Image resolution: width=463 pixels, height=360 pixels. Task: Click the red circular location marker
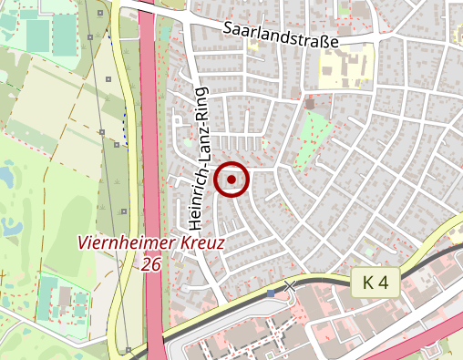pos(231,180)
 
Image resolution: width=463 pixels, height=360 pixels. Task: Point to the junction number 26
pos(152,263)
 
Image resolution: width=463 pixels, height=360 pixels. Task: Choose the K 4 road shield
pos(375,283)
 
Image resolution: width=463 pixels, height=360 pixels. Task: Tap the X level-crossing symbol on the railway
pos(290,287)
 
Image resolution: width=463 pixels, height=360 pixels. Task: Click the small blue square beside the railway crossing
pos(271,293)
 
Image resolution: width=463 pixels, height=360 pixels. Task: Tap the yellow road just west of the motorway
pos(129,182)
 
